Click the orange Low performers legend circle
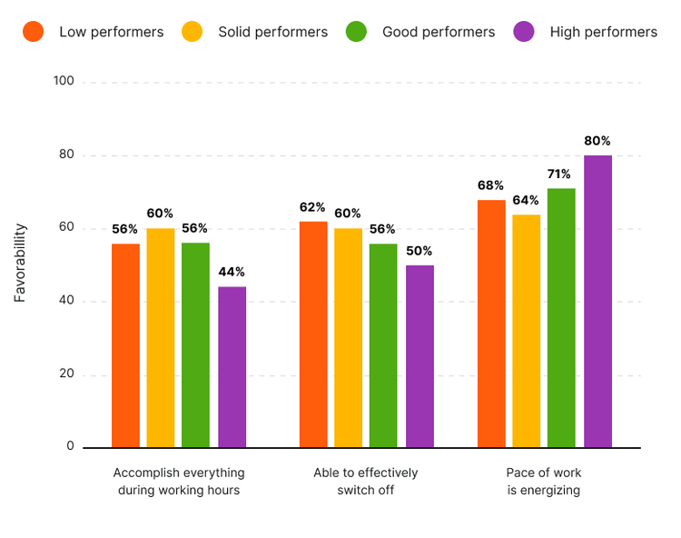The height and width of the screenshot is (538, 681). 34,32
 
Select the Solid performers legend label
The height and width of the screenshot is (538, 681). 272,32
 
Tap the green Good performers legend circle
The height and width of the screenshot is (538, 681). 356,32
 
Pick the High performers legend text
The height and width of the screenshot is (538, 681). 603,32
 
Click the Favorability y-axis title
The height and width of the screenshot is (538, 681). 20,263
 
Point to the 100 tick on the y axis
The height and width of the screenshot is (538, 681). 64,82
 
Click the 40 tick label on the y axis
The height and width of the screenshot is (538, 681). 66,302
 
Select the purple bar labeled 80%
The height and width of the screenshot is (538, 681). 597,301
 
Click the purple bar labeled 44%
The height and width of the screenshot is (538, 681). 232,366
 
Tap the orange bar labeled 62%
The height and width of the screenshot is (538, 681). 313,334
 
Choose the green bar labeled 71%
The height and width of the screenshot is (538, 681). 561,317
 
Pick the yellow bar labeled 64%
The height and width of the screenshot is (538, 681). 526,330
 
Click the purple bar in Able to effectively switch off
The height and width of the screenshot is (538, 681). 419,355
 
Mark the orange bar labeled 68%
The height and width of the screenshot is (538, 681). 491,323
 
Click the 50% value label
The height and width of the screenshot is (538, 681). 419,251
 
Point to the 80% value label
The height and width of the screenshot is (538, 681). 597,141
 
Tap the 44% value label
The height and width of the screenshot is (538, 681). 232,272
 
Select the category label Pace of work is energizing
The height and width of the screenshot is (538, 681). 544,482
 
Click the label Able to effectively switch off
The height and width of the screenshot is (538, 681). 366,482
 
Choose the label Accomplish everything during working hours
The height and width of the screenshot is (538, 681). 179,482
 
